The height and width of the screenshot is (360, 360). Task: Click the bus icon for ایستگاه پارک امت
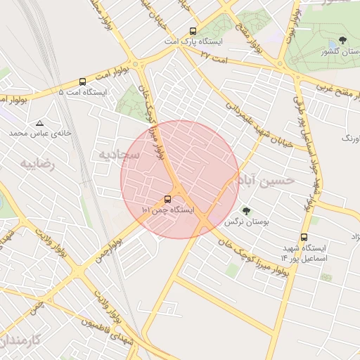point(193,31)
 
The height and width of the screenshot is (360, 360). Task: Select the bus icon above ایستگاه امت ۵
point(83,82)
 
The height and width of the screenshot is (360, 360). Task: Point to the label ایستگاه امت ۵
point(82,92)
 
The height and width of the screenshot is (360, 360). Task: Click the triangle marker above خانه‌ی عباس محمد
point(39,122)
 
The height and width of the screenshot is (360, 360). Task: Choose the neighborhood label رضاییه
point(37,164)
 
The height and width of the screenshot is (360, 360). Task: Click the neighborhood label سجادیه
point(119,153)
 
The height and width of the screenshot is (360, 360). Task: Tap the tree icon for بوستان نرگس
point(246,210)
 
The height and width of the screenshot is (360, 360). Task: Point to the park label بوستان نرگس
point(243,221)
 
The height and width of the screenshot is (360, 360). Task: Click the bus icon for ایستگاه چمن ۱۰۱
point(167,199)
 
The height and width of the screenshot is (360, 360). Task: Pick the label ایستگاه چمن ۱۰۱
point(167,210)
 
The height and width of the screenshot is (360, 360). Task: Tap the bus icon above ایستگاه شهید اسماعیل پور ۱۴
point(304,237)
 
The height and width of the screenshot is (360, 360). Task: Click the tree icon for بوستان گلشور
point(342,40)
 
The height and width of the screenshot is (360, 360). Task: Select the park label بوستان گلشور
point(339,51)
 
